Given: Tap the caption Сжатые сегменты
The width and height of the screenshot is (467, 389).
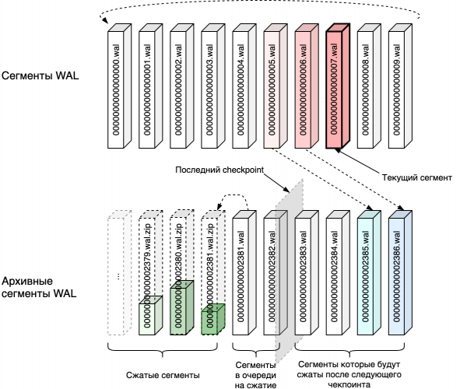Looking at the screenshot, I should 162,375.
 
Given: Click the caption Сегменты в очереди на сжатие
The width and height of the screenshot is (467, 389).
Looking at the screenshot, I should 256,374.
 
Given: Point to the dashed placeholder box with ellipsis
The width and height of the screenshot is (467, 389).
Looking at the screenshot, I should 117,276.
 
